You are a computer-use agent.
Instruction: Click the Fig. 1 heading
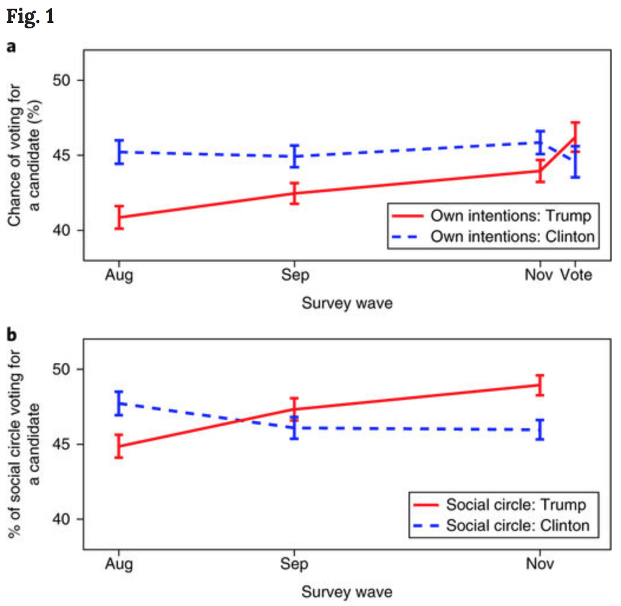(x=30, y=16)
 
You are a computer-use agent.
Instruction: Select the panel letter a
(x=11, y=47)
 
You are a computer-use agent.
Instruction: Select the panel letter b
(x=12, y=335)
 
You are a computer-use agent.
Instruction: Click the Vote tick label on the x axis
(x=576, y=275)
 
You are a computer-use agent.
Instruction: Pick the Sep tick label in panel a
(x=295, y=275)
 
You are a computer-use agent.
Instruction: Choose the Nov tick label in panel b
(x=540, y=565)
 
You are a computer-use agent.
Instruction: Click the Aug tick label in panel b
(x=119, y=565)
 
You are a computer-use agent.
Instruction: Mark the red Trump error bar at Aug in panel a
(x=119, y=217)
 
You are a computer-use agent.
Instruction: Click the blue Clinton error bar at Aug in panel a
(x=119, y=152)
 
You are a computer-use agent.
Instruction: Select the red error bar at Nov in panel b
(x=540, y=385)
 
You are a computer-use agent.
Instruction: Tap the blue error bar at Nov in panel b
(x=540, y=429)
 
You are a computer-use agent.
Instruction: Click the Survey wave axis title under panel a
(x=347, y=304)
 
